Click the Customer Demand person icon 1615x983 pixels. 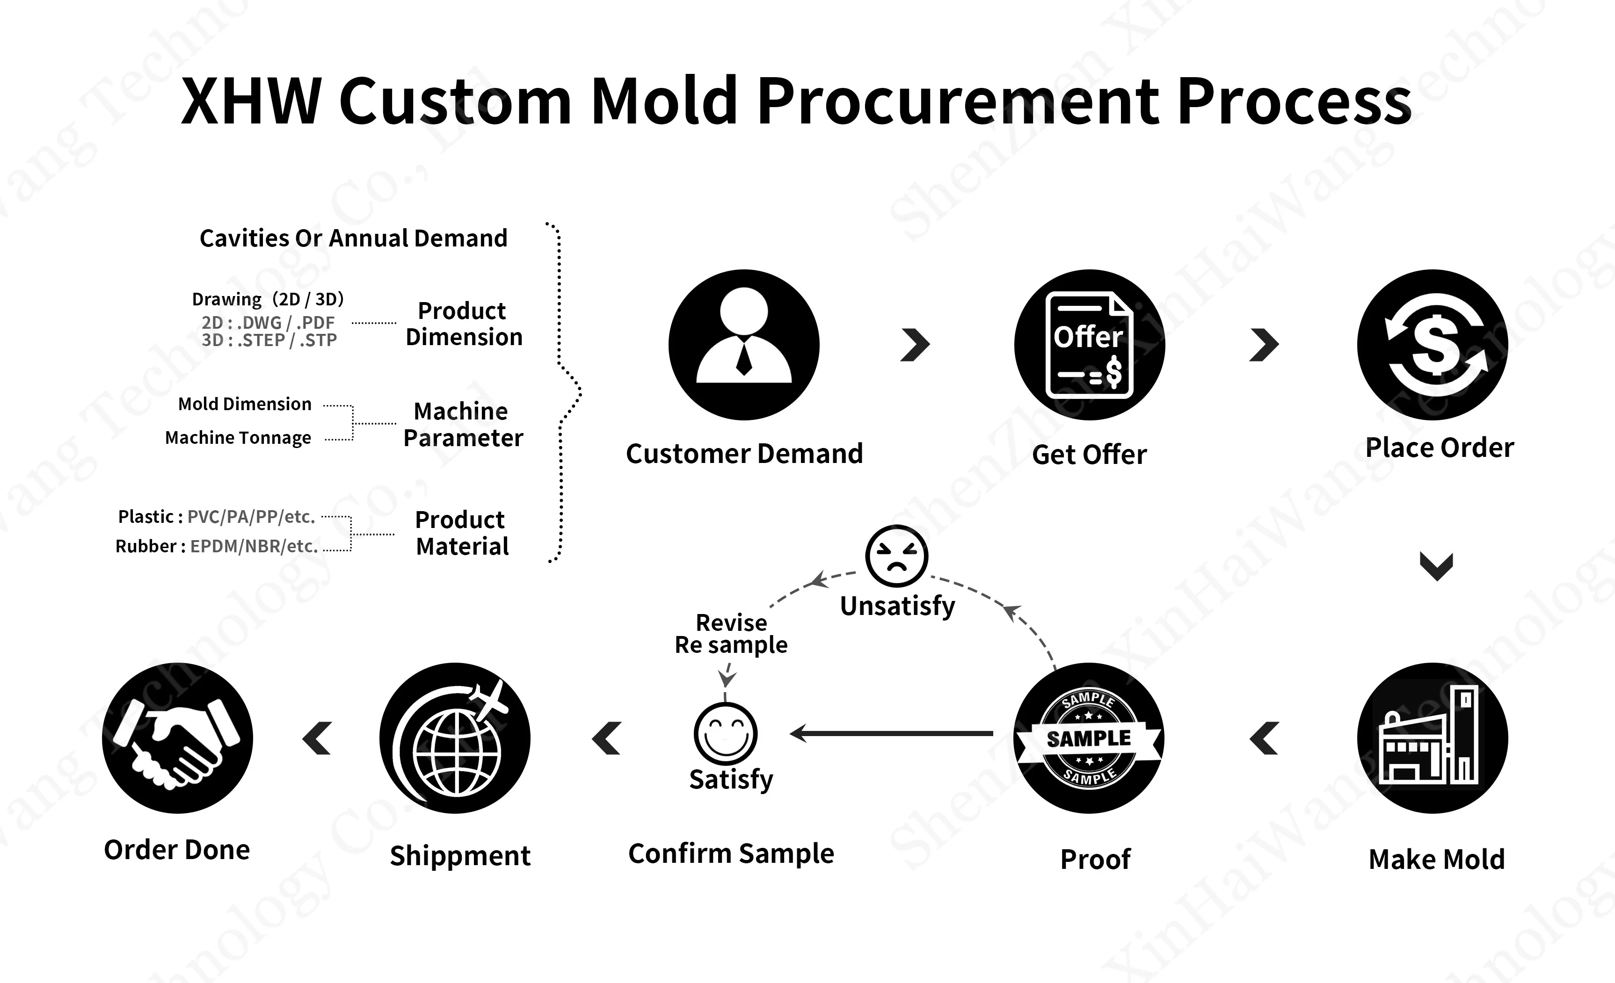744,345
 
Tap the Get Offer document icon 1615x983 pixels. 1089,345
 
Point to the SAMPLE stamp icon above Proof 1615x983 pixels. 1089,738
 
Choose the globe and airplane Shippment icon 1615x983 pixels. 455,738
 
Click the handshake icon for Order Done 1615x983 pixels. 177,738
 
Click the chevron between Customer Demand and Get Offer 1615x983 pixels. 916,345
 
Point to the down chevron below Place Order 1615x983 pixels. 1436,566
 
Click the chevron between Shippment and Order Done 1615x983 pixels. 318,738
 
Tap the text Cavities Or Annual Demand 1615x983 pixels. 353,238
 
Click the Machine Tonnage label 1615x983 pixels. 238,438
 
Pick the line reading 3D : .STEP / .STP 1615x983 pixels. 269,340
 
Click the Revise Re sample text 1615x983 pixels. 731,634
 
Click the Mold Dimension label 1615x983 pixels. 245,404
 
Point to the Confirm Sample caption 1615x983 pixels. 731,853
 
